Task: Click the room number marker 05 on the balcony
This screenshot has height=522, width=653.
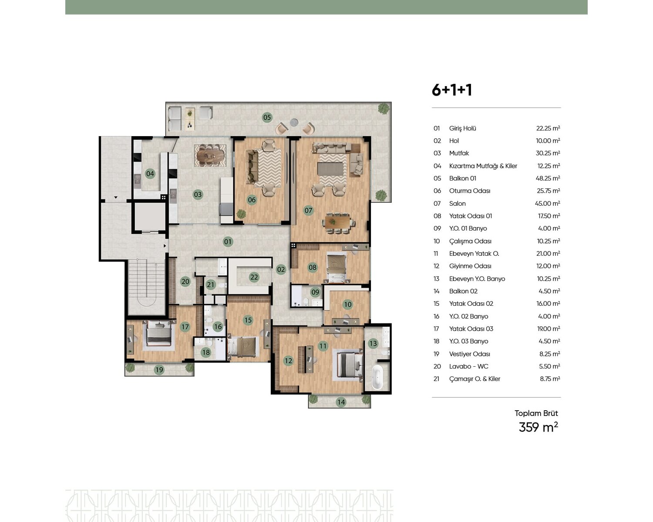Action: pyautogui.click(x=267, y=117)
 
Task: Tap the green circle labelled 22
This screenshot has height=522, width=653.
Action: pyautogui.click(x=254, y=277)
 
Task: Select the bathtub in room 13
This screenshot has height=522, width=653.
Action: pyautogui.click(x=377, y=377)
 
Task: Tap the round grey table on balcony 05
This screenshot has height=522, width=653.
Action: pyautogui.click(x=294, y=123)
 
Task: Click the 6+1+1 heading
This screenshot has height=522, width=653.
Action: pyautogui.click(x=452, y=90)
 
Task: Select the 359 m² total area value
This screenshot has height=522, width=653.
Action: pyautogui.click(x=539, y=427)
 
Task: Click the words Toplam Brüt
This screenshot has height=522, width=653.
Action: pyautogui.click(x=536, y=413)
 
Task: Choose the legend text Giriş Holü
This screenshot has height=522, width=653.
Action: pyautogui.click(x=463, y=128)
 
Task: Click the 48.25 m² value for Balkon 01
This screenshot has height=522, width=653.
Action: pyautogui.click(x=548, y=178)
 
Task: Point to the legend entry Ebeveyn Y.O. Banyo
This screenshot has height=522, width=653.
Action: pyautogui.click(x=477, y=279)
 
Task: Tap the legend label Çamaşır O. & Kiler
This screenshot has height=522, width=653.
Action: pyautogui.click(x=475, y=379)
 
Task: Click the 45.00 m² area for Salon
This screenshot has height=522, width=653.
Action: pyautogui.click(x=548, y=204)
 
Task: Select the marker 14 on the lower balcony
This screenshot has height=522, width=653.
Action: pyautogui.click(x=341, y=402)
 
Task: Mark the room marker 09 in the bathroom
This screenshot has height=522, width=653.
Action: pyautogui.click(x=315, y=292)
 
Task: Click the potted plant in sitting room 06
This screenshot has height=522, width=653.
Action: pyautogui.click(x=241, y=214)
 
